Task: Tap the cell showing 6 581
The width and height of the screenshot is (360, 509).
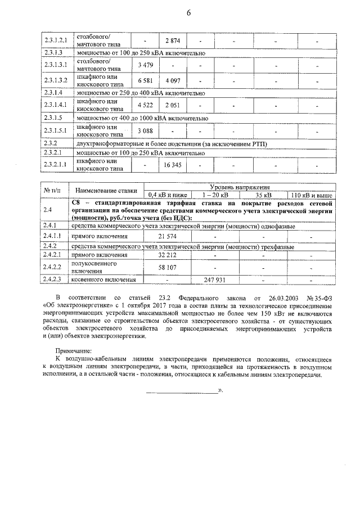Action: (x=145, y=80)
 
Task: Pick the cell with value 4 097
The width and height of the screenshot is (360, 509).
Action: (x=172, y=80)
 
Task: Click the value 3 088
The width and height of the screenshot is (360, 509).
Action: (x=145, y=131)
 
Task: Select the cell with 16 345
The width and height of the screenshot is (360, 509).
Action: (x=172, y=165)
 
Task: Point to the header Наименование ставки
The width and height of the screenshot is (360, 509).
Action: (x=102, y=191)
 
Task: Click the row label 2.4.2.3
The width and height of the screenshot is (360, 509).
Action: (x=55, y=280)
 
